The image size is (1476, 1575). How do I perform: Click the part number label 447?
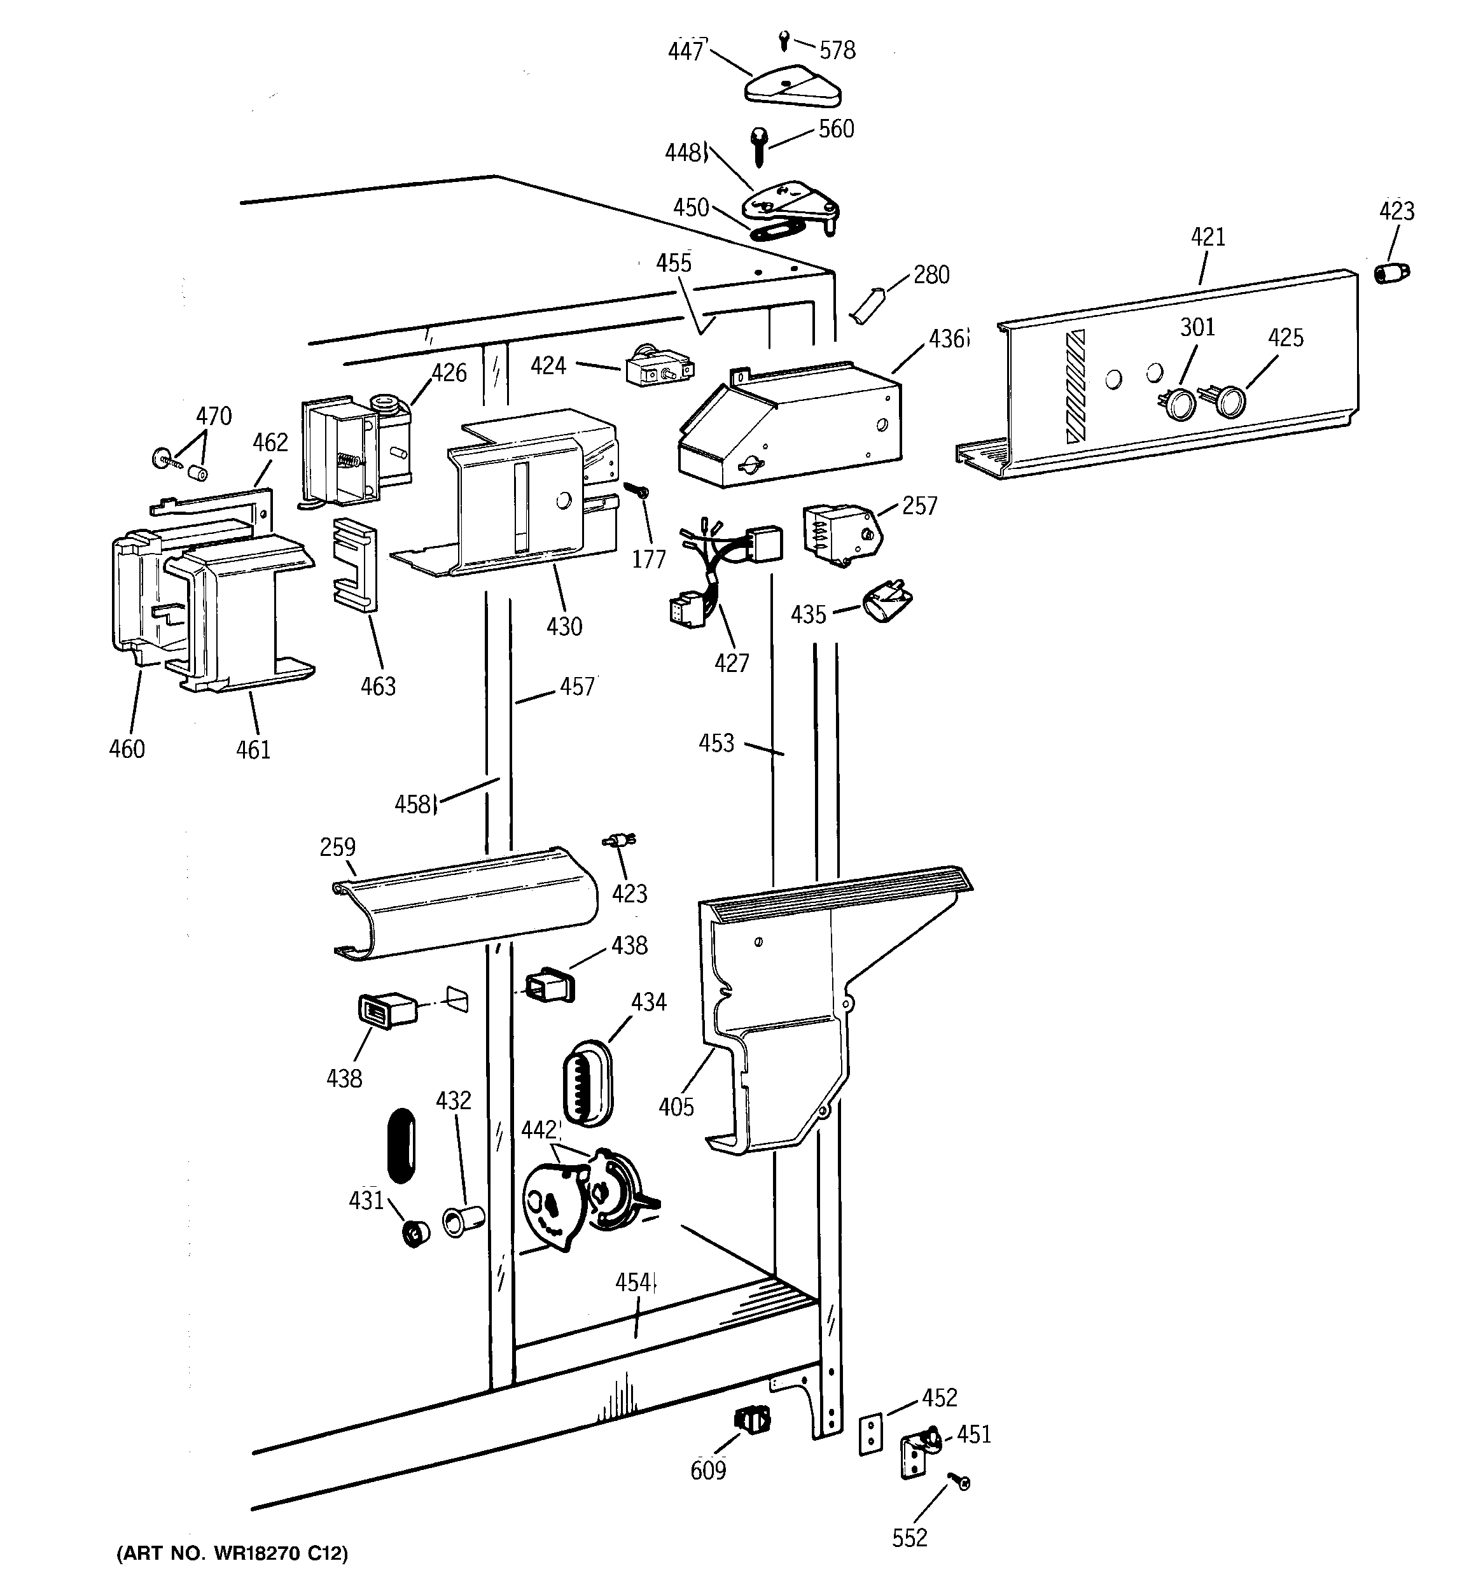tap(685, 52)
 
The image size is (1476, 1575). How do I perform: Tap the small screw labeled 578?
tap(784, 39)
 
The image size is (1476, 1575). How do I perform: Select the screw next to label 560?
tap(758, 146)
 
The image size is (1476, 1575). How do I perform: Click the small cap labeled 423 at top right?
tap(1391, 274)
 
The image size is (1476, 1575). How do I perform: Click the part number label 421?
tap(1208, 237)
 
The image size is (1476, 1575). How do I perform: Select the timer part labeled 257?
tap(840, 535)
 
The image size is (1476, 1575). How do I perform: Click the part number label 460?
tap(127, 748)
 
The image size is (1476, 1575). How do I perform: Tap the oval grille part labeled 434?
tap(587, 1084)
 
